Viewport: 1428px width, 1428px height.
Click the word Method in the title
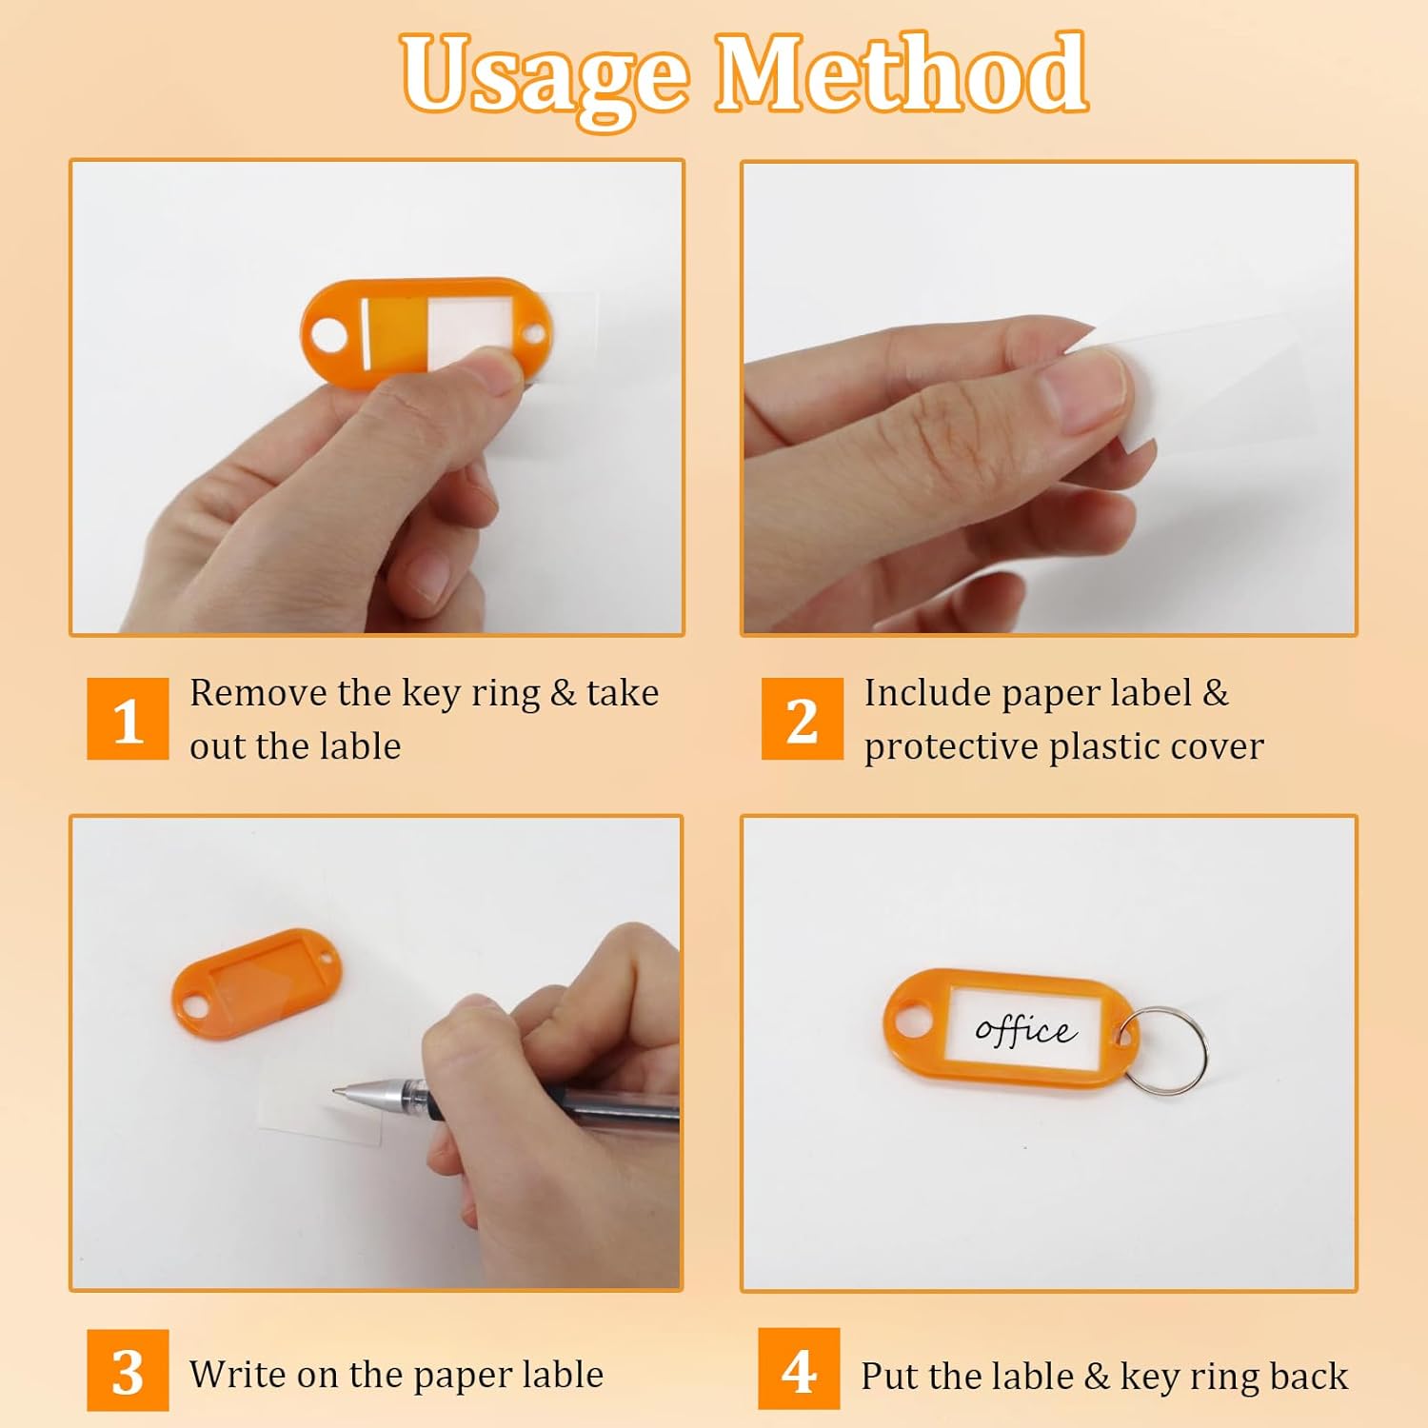coord(901,74)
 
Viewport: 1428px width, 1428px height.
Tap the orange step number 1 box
coord(128,719)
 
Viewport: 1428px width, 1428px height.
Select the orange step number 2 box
coord(802,719)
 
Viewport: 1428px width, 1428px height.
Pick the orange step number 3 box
coord(128,1370)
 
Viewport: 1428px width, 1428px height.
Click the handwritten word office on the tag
coord(1024,1030)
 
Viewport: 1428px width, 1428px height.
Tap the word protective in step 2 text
coord(950,747)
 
